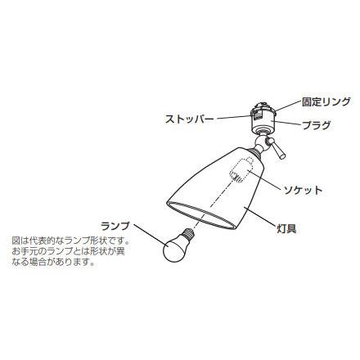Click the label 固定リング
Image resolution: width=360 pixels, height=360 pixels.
click(x=326, y=102)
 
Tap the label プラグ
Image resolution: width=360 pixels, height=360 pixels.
click(x=316, y=125)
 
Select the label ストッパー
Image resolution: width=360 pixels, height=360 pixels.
click(x=190, y=119)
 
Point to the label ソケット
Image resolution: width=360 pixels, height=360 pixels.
click(x=303, y=190)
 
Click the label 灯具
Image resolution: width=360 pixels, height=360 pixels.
click(x=286, y=228)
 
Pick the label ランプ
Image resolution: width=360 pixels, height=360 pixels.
click(x=115, y=226)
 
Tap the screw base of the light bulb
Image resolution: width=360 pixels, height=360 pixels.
click(x=188, y=232)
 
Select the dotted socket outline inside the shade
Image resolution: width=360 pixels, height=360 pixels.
click(x=241, y=169)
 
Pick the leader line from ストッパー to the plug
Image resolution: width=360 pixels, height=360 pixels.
click(x=234, y=118)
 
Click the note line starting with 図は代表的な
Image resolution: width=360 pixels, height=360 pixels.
click(x=70, y=241)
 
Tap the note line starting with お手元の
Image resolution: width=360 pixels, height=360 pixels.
click(x=68, y=251)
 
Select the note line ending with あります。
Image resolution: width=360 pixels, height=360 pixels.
click(x=55, y=262)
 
